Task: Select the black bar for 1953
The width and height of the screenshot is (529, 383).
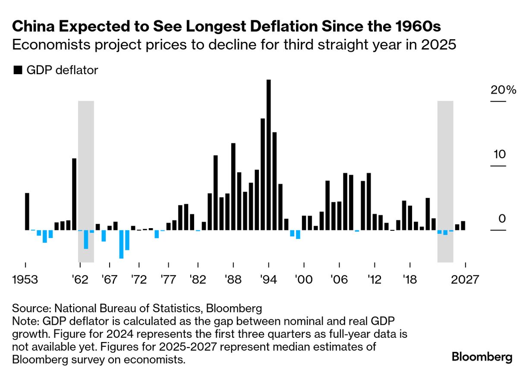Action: click(x=27, y=211)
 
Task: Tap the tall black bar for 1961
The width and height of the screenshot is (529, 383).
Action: click(x=74, y=194)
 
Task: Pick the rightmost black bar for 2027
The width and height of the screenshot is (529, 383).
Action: click(x=463, y=226)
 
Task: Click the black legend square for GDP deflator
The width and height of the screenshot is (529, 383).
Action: click(x=18, y=70)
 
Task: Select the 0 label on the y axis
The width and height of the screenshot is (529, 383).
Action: click(x=501, y=219)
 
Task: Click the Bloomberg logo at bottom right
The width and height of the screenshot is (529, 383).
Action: click(x=482, y=357)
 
